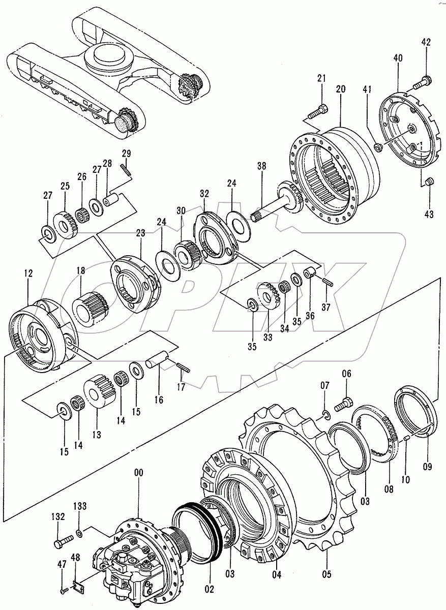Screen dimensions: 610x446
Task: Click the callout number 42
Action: pos(425,43)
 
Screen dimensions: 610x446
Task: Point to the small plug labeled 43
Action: pos(429,181)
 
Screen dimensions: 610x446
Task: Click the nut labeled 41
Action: pos(378,147)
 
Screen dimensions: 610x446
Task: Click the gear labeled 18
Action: pos(92,307)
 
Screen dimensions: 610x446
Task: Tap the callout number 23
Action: pos(140,233)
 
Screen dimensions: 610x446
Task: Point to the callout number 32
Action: pos(204,193)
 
